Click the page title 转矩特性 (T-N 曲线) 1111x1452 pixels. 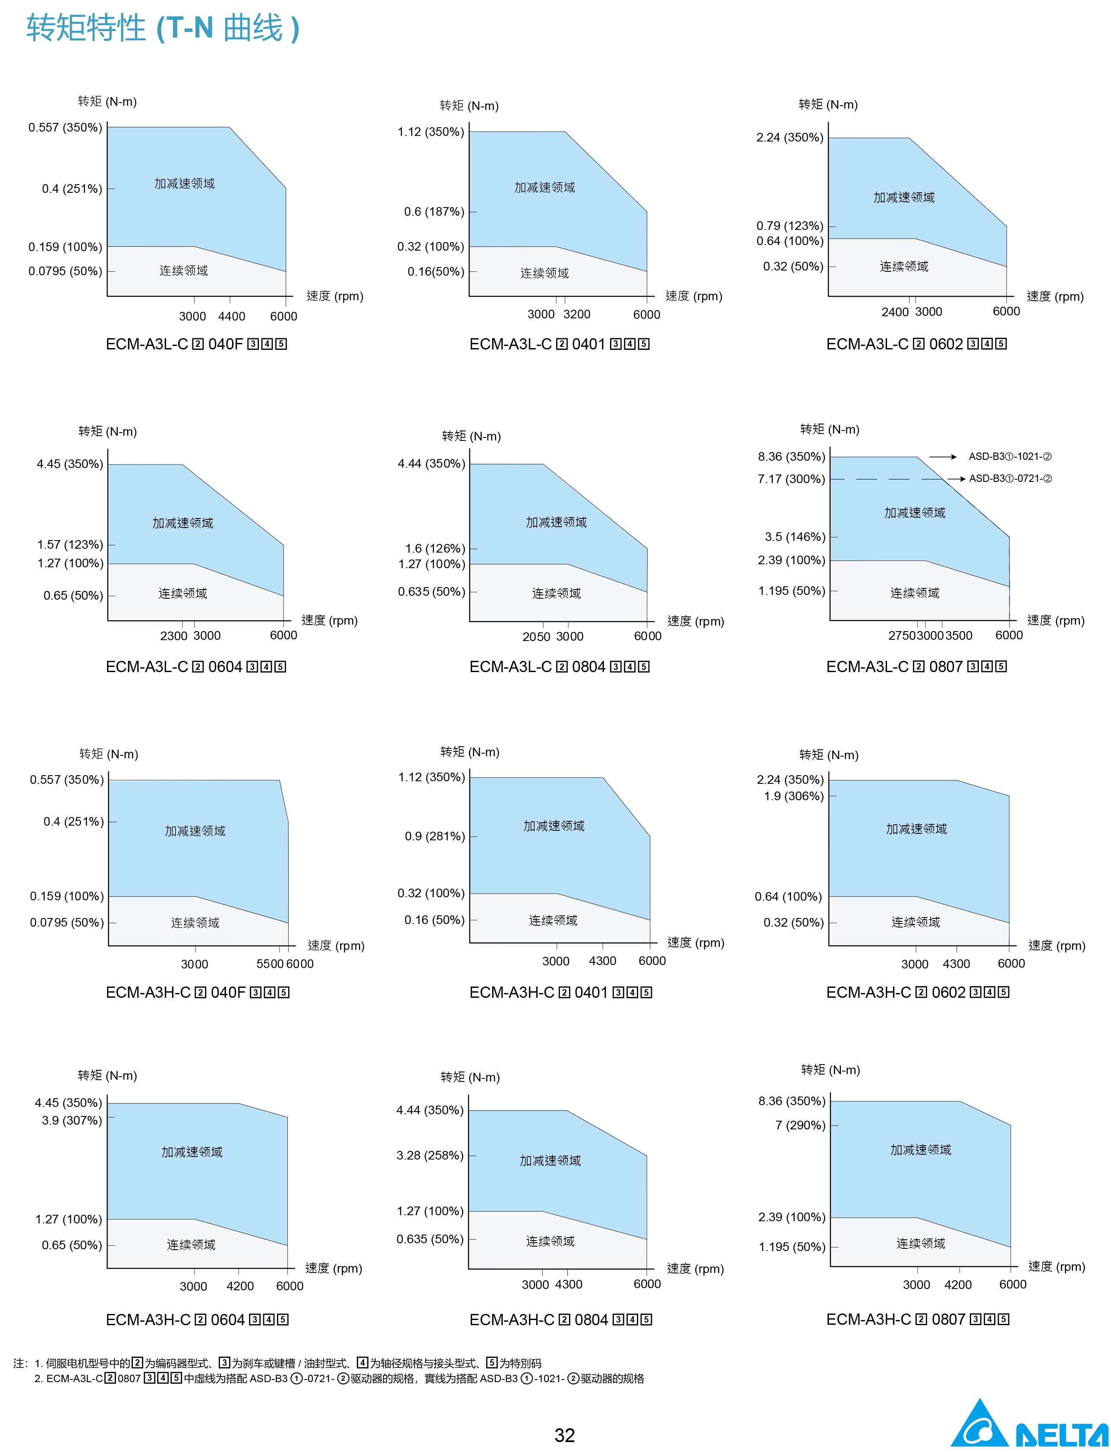pos(163,28)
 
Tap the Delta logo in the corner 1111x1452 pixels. pos(1029,1427)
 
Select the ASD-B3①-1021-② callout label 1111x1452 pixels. pos(1010,457)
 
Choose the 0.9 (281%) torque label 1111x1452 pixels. pos(434,836)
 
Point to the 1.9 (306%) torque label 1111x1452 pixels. pos(793,796)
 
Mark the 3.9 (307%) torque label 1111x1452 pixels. pos(72,1121)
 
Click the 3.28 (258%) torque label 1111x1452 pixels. pos(430,1155)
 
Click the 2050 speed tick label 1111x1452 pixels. pos(536,637)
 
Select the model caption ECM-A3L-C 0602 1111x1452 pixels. pos(916,344)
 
